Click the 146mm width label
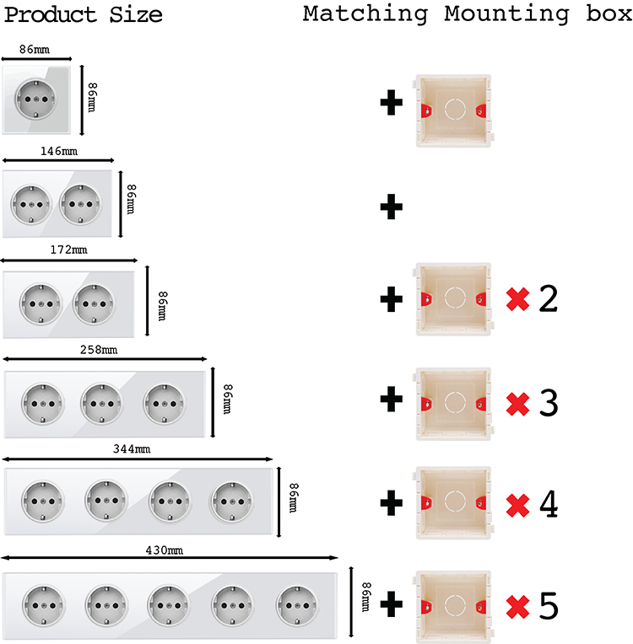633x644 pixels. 58,151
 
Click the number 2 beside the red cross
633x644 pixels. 548,299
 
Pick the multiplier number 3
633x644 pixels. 548,402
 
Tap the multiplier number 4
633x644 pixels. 548,504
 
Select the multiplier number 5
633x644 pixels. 548,606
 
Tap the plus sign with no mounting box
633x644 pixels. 391,207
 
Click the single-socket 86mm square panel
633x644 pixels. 36,99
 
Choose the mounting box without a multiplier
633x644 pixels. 452,110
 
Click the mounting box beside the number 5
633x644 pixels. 452,605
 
